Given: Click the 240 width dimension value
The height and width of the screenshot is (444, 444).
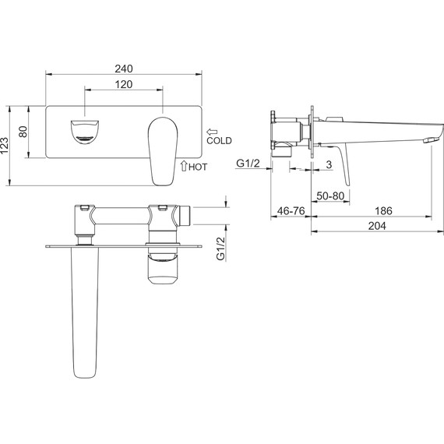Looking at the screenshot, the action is coord(124,69).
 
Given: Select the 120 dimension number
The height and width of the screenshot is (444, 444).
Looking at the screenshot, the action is coord(124,84).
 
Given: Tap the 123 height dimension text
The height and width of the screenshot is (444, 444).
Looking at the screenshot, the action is coord(5,146).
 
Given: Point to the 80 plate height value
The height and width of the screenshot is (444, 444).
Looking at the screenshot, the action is coord(23,132).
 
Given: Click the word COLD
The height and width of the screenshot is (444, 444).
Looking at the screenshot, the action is coord(219,140).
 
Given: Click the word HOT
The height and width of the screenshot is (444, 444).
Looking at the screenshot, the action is coord(198,167).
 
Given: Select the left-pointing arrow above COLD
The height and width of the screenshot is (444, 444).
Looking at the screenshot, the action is coord(212,132).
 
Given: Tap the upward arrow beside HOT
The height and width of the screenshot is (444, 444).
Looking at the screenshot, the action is coord(184,166).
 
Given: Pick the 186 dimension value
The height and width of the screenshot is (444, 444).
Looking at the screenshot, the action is coord(384,211).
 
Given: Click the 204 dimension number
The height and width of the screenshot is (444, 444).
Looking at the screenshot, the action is coord(377,226).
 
